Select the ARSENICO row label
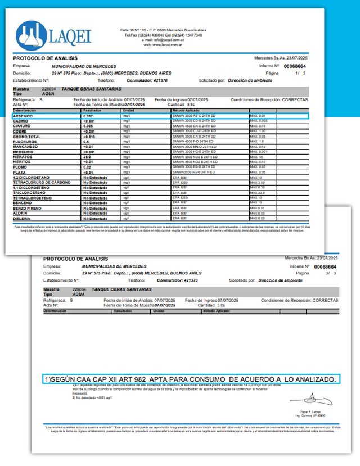(24, 115)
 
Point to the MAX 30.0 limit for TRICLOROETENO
(258, 192)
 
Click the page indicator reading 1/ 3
(301, 73)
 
